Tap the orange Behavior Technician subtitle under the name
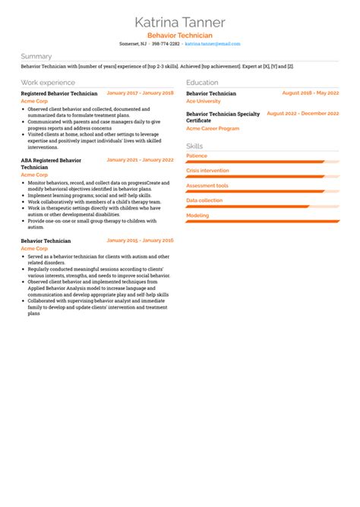coord(180,36)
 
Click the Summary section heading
coord(36,56)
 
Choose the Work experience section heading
coord(48,82)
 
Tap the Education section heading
coord(202,82)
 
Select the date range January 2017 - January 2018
coord(140,93)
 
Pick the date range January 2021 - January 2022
coord(140,160)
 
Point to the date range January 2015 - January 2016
coord(140,240)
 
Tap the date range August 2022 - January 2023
coord(304,114)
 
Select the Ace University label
coord(204,101)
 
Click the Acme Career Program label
coord(213,128)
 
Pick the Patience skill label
coord(197,156)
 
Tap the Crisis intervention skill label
coord(207,171)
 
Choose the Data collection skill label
coord(204,200)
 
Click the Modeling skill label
coord(197,216)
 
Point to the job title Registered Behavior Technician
coord(59,93)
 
